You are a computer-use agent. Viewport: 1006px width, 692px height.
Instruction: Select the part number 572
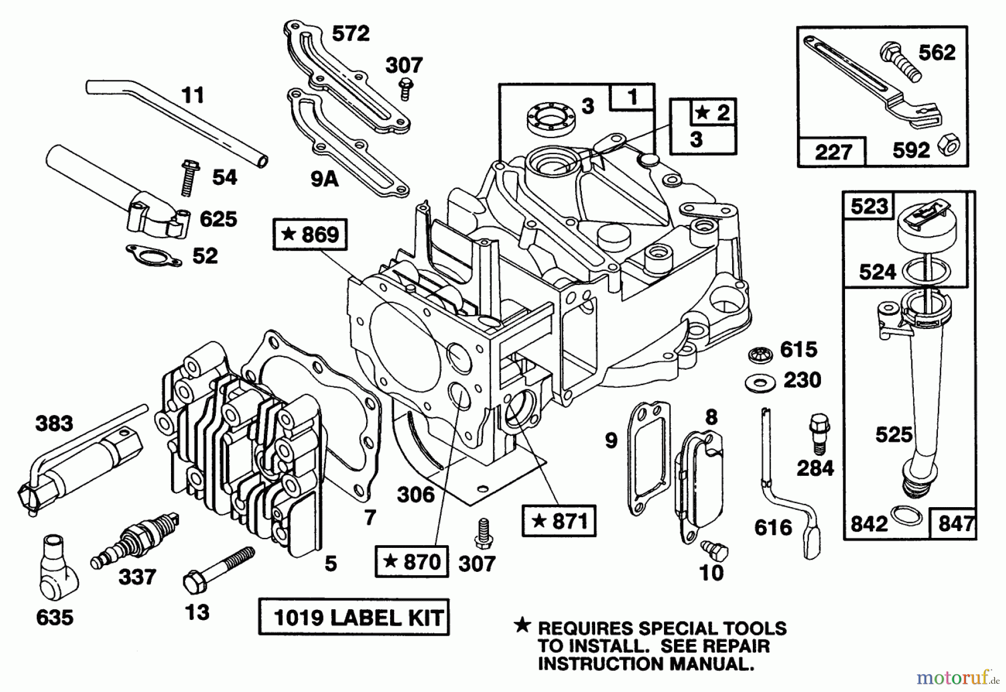350,34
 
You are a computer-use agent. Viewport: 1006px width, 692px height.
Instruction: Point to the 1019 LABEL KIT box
354,617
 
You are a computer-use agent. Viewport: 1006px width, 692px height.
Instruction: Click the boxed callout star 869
310,234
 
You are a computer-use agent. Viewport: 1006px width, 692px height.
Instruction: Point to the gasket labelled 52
154,255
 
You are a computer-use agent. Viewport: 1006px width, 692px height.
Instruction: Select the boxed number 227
832,151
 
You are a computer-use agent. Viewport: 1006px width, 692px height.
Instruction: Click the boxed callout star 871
558,521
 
